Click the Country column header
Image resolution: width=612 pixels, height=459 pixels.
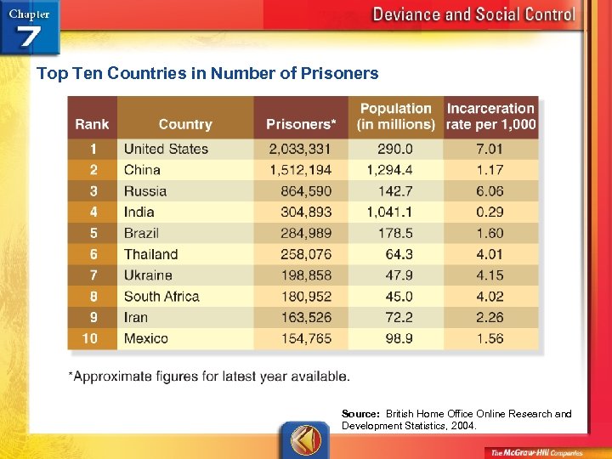[x=184, y=124]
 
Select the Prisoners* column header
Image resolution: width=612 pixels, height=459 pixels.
[x=301, y=124]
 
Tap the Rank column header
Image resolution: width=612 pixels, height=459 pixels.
[x=92, y=124]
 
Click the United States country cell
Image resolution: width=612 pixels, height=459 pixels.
[x=166, y=149]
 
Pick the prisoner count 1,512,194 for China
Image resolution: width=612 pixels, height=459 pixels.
[x=300, y=170]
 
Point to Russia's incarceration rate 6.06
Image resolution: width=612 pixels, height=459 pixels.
[x=490, y=191]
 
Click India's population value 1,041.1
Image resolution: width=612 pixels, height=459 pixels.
[x=390, y=212]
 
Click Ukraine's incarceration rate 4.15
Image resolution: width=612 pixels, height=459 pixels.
[x=490, y=275]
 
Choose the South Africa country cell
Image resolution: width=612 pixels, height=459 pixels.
[x=161, y=297]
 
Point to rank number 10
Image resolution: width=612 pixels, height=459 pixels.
[x=89, y=338]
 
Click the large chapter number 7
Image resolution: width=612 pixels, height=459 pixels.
[x=31, y=37]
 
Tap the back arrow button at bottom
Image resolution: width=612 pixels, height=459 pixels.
[x=304, y=440]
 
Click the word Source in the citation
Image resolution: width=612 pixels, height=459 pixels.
[x=360, y=414]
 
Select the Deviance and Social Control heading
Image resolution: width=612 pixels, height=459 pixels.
[x=473, y=14]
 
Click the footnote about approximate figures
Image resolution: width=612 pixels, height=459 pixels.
[x=208, y=376]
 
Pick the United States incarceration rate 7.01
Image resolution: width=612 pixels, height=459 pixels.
[x=490, y=149]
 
